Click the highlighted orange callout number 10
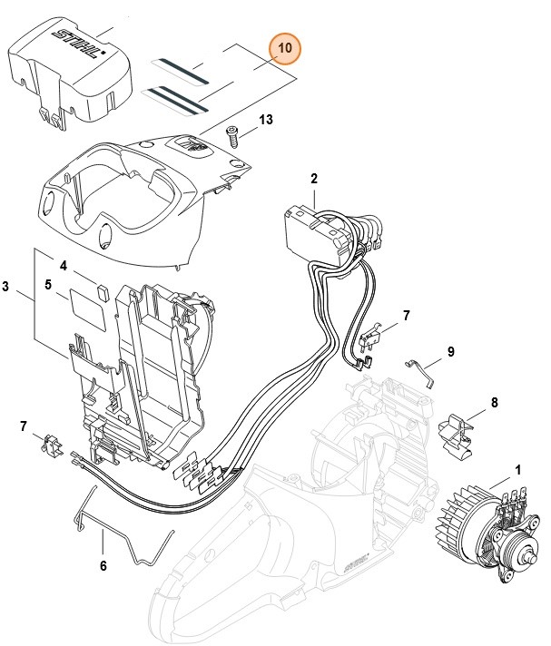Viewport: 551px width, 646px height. [285, 48]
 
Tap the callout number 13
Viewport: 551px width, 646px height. [266, 120]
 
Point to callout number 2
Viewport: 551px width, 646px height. [313, 179]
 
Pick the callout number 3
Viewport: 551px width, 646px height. [7, 288]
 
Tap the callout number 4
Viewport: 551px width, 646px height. [64, 266]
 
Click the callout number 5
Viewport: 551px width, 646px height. [47, 284]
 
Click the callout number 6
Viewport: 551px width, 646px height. [103, 565]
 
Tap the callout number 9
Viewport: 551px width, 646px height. [450, 352]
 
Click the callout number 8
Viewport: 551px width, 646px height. [494, 402]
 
